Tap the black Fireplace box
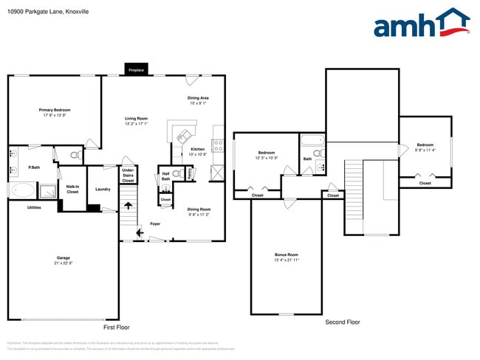click(x=136, y=69)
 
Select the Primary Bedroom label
click(x=55, y=110)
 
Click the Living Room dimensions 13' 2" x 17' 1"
click(x=136, y=123)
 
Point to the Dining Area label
click(x=198, y=97)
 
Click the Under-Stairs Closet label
click(x=128, y=175)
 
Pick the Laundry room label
click(x=103, y=189)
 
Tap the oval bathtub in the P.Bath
click(x=19, y=191)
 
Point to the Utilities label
click(x=34, y=207)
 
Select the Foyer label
click(x=155, y=224)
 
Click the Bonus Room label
click(x=287, y=255)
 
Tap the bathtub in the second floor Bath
click(x=312, y=139)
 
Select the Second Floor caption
click(x=343, y=322)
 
